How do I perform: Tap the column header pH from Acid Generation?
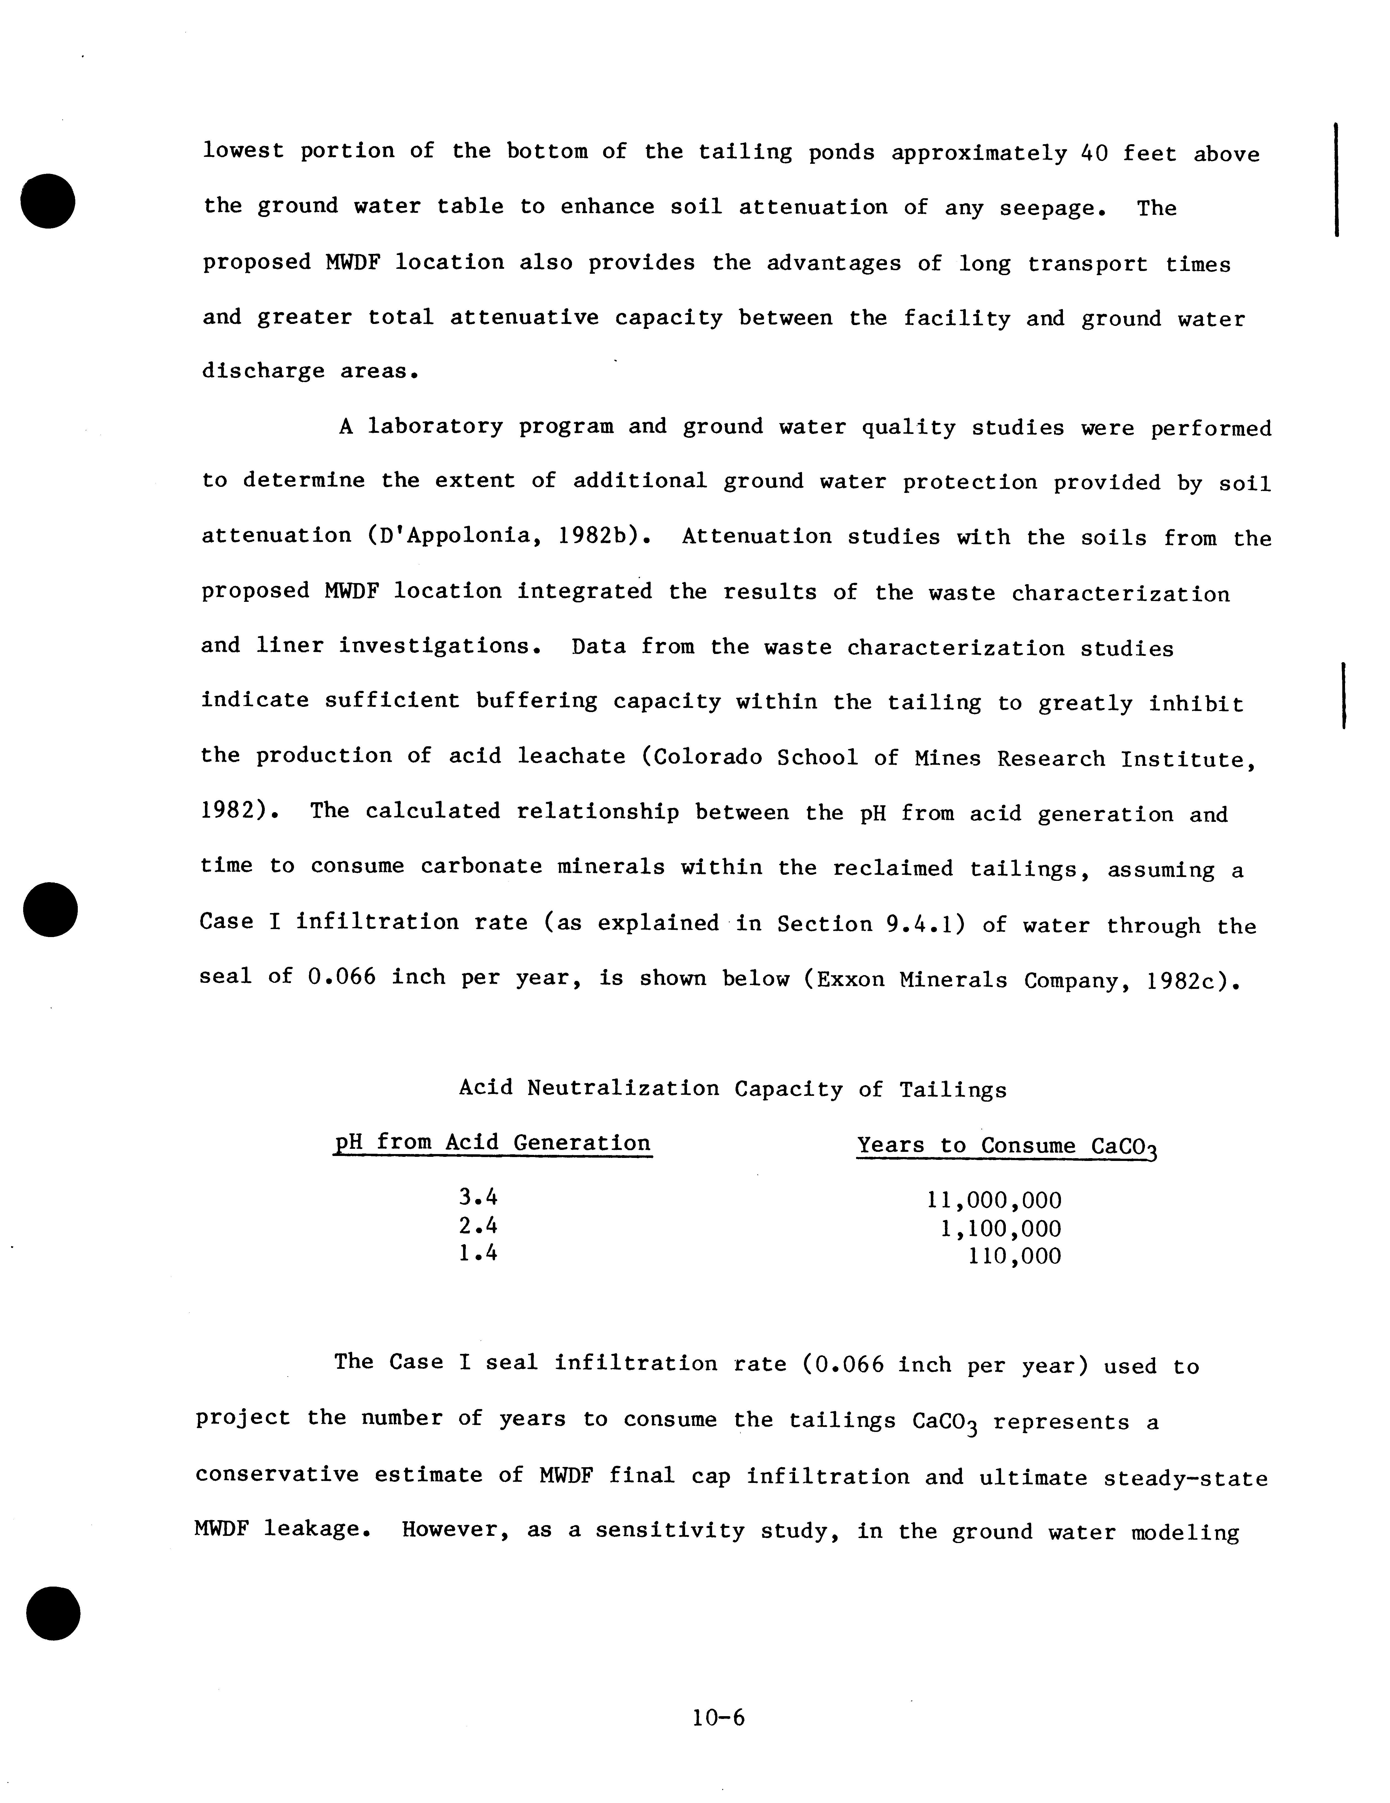point(492,1143)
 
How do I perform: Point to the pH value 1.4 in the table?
point(478,1253)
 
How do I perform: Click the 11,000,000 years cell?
point(995,1200)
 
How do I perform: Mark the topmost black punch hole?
point(49,201)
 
